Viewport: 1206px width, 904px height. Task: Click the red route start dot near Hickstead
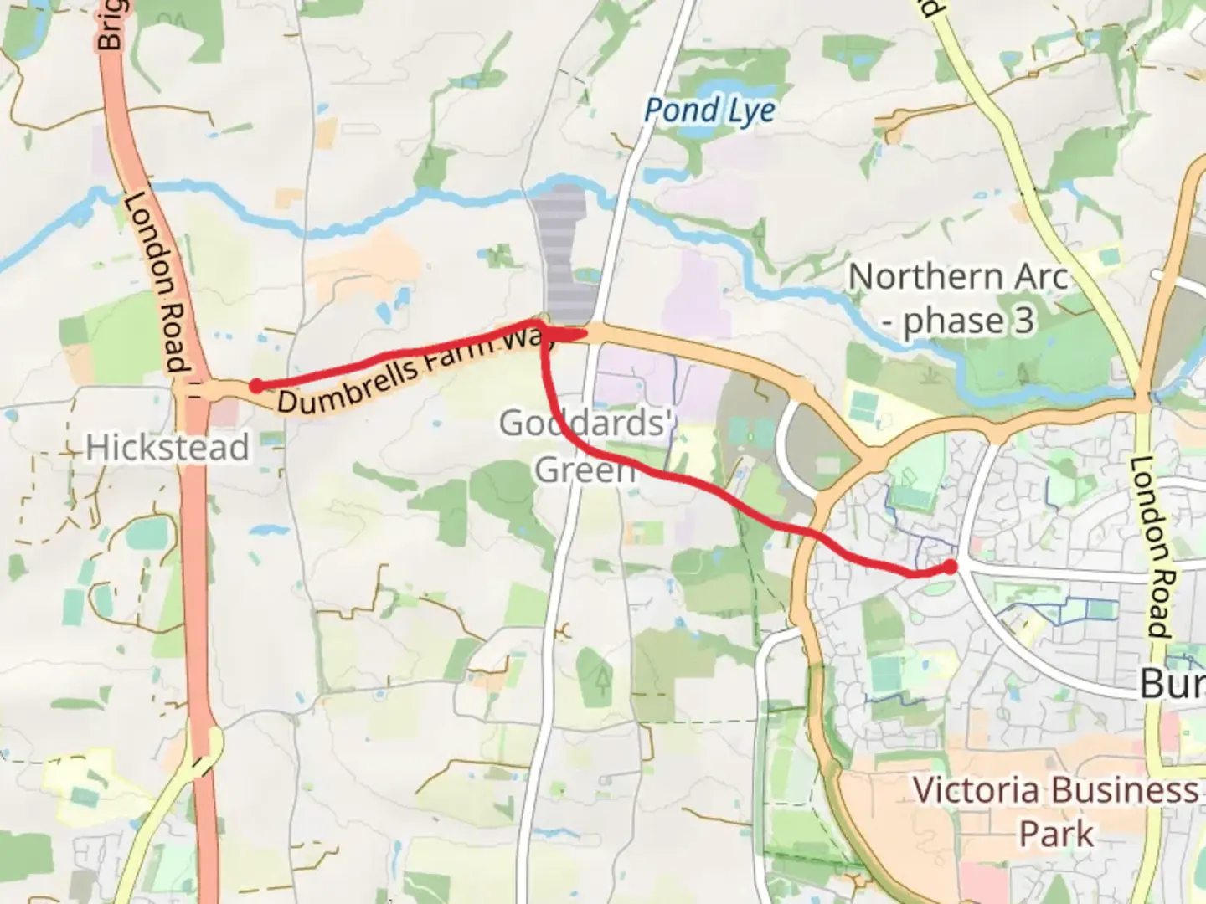[x=257, y=386]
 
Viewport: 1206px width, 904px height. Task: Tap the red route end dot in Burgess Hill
[x=950, y=568]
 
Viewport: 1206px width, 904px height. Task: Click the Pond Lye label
[x=709, y=110]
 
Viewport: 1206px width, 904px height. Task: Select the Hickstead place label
[x=167, y=448]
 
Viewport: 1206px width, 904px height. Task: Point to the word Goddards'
[x=586, y=424]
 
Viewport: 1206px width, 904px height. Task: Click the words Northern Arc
[x=958, y=277]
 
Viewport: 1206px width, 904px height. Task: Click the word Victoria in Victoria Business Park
[x=976, y=790]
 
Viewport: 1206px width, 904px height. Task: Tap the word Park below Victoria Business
[x=1056, y=835]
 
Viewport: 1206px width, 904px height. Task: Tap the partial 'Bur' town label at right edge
[x=1172, y=685]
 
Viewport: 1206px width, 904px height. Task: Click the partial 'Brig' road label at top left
[x=110, y=25]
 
